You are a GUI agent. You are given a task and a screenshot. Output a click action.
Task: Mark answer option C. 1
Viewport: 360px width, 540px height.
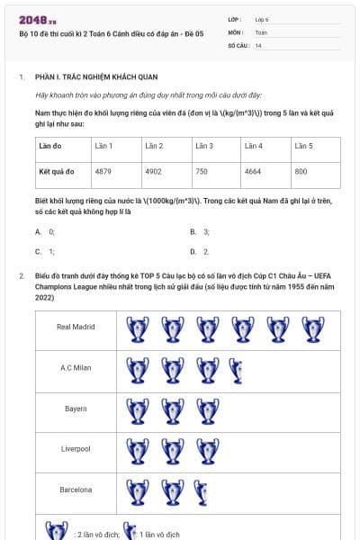(x=45, y=252)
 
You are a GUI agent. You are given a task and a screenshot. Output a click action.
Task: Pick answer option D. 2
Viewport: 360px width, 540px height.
(x=200, y=252)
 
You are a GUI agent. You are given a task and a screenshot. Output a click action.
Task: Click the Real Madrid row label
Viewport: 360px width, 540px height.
(x=76, y=327)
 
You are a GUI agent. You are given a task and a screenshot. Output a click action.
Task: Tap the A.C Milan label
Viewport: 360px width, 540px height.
(x=76, y=367)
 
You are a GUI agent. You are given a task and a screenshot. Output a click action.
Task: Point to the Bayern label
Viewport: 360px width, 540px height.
(x=76, y=409)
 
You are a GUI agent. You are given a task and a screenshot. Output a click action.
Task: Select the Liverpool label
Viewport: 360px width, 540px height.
(x=76, y=448)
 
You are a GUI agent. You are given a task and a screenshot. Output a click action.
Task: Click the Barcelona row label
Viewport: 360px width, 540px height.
(x=76, y=490)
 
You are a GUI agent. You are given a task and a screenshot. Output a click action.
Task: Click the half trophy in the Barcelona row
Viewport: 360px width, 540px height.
(x=201, y=491)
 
